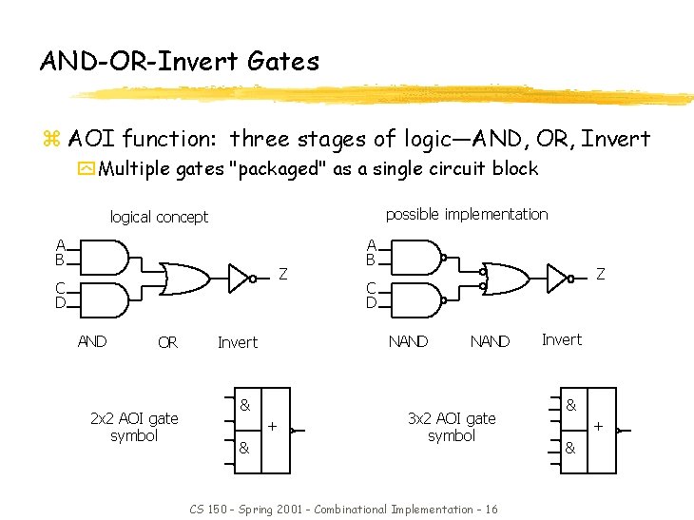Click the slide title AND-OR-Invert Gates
180,62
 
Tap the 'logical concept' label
159,217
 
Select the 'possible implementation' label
466,214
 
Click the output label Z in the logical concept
283,275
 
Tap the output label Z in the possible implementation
600,274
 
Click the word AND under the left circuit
92,341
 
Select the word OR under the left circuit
167,342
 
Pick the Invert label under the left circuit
238,342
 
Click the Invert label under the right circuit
561,339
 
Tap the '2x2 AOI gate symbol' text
134,427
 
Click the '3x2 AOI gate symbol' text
452,427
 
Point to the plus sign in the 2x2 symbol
273,427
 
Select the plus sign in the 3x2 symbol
599,428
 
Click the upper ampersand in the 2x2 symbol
245,404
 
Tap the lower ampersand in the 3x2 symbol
570,447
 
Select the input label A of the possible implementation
374,244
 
